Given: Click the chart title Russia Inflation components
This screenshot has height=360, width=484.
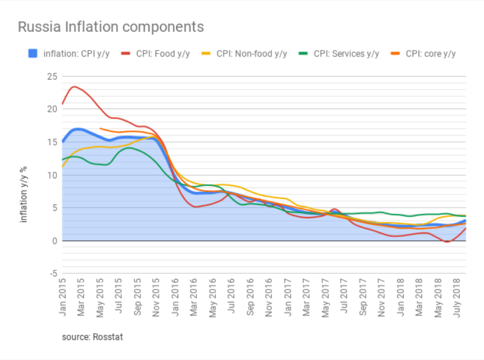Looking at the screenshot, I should pos(111,27).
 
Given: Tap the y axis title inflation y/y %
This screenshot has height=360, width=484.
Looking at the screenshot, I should pos(24,194).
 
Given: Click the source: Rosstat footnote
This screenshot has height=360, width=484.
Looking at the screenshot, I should pos(93,337).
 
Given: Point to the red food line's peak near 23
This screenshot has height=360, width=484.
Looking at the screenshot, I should pos(74,86).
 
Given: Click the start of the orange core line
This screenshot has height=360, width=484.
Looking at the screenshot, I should pos(101,129).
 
